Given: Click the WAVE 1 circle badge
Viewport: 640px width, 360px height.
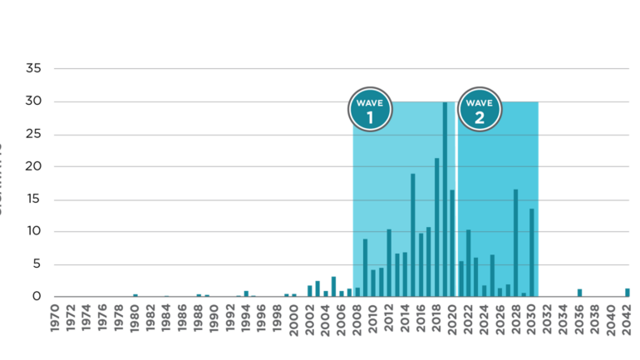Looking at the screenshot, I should (369, 109).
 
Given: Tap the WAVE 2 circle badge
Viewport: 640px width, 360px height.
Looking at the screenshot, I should (480, 109).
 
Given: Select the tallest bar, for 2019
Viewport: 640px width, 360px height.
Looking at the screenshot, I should (445, 200).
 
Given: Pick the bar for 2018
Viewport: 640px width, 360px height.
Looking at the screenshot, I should (437, 228).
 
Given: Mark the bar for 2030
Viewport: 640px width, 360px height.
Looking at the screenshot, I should (532, 253).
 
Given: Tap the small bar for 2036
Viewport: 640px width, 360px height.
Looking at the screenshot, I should (579, 292).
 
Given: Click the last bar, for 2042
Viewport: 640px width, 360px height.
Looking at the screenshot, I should (628, 292).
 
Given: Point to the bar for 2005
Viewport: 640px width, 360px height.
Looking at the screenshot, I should (333, 286).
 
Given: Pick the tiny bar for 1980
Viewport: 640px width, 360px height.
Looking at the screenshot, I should (135, 295).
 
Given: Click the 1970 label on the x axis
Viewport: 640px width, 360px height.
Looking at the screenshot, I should (56, 320).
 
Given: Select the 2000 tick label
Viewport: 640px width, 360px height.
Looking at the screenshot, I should (294, 320).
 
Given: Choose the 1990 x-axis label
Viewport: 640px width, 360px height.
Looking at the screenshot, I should (214, 320).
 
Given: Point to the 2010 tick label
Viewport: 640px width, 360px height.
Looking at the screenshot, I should (373, 320).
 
